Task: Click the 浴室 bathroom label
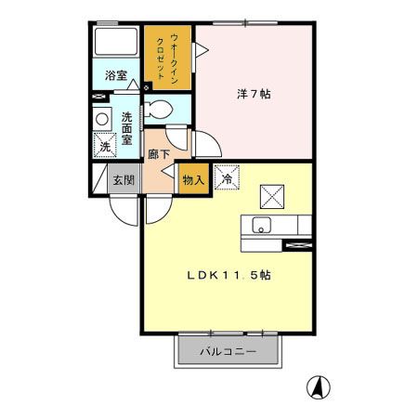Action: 115,74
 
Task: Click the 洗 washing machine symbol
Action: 105,146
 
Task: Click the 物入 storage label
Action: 193,180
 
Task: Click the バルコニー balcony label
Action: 228,352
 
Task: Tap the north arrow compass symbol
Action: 319,386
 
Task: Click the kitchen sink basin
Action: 261,225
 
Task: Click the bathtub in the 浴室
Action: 116,44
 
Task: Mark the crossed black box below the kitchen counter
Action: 298,244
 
